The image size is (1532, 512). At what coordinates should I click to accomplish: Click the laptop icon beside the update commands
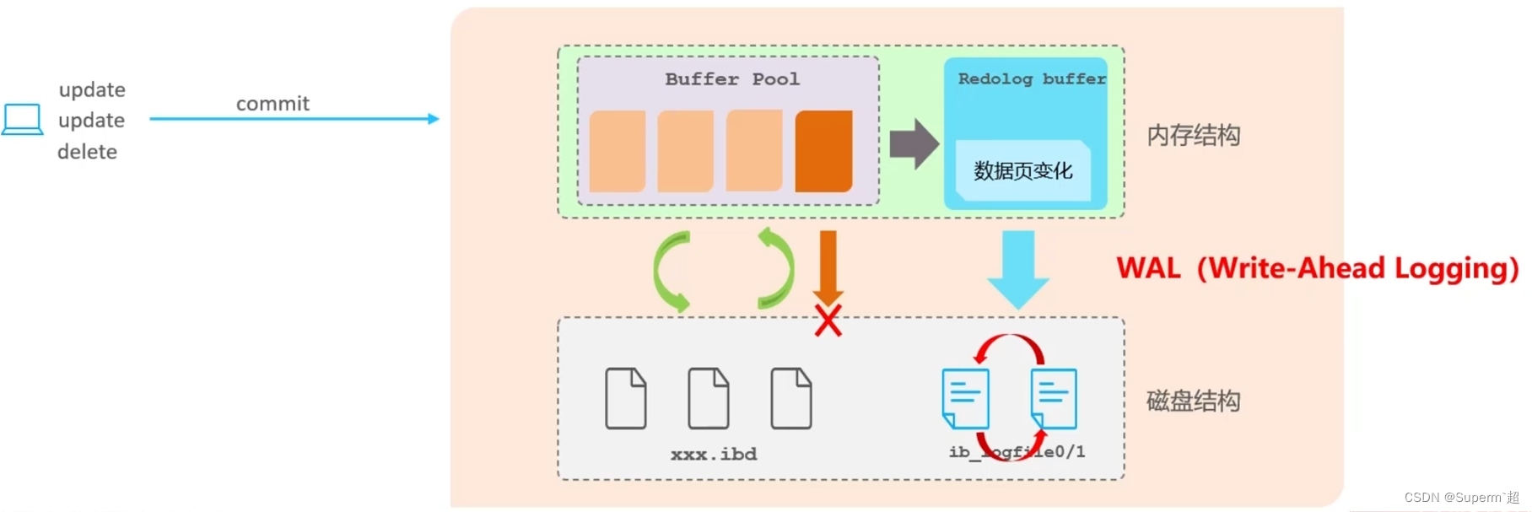23,119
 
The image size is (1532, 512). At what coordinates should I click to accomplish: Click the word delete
87,152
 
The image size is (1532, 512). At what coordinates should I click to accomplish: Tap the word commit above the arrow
272,104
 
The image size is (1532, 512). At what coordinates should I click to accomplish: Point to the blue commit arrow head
434,119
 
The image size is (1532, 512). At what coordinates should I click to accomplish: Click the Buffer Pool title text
731,79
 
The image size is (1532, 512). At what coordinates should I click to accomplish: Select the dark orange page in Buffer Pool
823,151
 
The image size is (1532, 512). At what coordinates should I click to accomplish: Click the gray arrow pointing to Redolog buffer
914,144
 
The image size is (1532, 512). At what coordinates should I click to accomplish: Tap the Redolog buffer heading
1031,78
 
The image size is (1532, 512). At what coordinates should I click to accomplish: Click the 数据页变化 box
1022,171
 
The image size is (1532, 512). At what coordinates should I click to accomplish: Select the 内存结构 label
1193,135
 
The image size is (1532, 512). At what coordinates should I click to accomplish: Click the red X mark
828,321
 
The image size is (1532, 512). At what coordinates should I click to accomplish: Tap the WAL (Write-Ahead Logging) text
1317,268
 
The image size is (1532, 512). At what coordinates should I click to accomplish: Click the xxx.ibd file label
714,455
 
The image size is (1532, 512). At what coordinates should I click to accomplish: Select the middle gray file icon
708,398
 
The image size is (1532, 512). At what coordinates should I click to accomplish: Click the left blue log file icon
965,397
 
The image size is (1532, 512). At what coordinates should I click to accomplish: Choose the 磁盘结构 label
1193,401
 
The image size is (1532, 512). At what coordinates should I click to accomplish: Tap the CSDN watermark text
1461,498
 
